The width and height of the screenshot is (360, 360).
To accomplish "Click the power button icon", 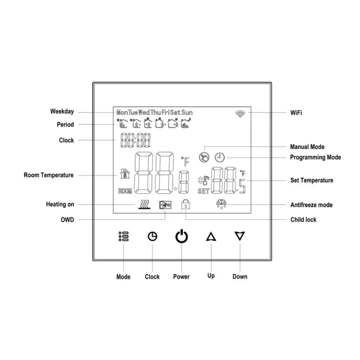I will click(182, 237).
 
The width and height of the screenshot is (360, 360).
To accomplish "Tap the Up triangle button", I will click(211, 237).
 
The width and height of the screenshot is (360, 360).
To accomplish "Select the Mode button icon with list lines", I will click(124, 237).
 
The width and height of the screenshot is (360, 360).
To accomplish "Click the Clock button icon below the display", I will click(152, 236).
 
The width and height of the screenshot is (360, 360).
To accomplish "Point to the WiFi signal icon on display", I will click(240, 114).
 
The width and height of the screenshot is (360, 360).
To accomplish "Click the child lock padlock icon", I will click(185, 204).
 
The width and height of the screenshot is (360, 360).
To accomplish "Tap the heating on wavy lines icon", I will click(144, 204).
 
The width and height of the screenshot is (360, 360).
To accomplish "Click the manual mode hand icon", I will click(203, 157).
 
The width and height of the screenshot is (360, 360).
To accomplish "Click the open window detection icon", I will click(165, 204).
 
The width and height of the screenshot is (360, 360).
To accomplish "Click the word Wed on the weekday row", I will click(144, 113).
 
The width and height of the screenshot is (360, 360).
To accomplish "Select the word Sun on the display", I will click(187, 113).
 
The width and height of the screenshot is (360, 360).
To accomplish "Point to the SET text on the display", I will click(203, 191).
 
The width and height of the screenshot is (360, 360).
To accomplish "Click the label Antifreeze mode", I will click(311, 205).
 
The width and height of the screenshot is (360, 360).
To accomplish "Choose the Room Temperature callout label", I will click(49, 175).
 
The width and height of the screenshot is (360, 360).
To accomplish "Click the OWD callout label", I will click(67, 220).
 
